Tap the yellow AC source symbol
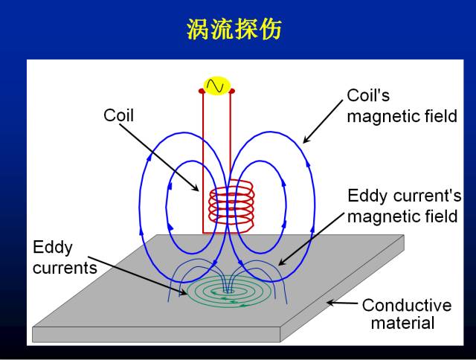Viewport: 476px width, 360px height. point(217,86)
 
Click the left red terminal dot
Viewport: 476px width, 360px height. point(202,91)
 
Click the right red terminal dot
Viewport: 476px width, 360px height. point(232,91)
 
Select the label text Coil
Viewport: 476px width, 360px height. point(118,115)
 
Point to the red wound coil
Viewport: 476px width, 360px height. point(232,205)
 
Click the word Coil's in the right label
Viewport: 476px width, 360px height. point(368,96)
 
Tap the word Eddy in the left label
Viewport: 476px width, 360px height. point(53,247)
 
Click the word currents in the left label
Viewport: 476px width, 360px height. point(65,267)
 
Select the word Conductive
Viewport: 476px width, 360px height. point(406,305)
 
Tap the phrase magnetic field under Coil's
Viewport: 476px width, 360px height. point(402,117)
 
